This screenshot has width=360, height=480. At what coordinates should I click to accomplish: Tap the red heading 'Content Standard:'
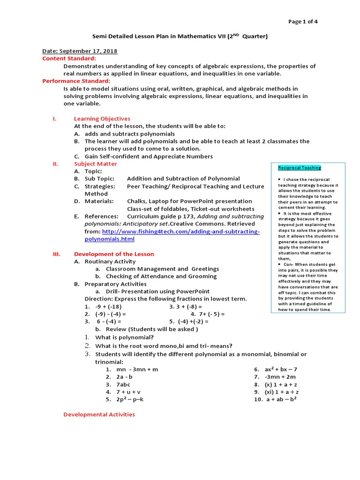69,59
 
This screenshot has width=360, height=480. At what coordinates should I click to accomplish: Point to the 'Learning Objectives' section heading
102,119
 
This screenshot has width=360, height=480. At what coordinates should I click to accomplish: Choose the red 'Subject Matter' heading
96,164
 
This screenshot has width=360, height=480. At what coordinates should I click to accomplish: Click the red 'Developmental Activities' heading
99,414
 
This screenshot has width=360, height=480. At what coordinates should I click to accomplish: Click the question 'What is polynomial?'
124,337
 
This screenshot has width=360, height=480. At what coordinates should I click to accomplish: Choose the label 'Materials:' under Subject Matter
99,201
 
